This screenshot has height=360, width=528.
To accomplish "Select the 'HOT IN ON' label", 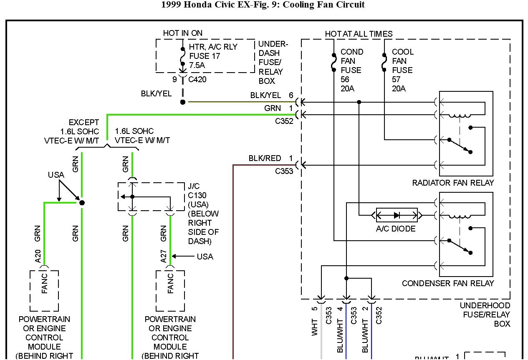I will tap(183, 33).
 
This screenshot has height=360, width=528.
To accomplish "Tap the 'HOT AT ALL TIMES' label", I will tap(359, 34).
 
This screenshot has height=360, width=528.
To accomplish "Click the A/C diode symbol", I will tap(397, 215).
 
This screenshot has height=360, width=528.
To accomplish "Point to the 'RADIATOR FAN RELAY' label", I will tap(453, 183).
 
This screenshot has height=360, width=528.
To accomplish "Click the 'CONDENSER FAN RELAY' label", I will tap(448, 283).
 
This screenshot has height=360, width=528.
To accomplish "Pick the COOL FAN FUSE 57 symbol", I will tap(384, 62).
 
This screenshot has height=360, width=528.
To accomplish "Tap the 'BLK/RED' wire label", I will tap(265, 159).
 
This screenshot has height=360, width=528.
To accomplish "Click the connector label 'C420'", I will tap(197, 79).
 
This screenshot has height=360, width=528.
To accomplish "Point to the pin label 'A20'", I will tap(38, 257).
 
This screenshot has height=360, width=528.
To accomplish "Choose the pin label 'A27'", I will tap(164, 257).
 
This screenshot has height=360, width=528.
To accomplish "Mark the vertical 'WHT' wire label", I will tap(315, 327).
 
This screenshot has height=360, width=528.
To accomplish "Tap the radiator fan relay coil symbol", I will tap(459, 116).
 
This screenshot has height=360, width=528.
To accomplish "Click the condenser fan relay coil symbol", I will tap(459, 216).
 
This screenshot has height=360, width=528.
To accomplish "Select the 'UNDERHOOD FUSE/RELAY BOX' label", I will tap(485, 315).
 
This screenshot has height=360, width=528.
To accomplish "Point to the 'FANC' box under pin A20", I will tap(44, 290).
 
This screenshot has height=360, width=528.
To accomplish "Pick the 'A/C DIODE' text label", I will tap(396, 229).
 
